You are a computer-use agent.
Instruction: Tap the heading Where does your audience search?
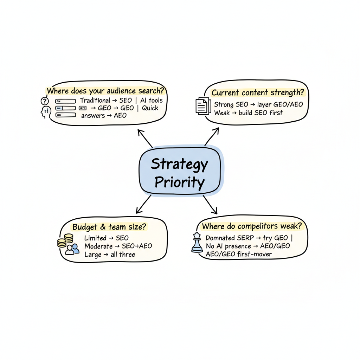tap(106, 91)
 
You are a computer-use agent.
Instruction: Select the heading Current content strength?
tap(258, 93)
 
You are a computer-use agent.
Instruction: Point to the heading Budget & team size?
tap(109, 227)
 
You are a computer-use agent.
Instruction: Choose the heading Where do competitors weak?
tap(254, 226)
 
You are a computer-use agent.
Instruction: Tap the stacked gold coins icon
tap(65, 240)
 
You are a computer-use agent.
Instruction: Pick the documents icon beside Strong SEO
tap(201, 105)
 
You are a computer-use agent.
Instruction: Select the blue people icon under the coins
tap(72, 249)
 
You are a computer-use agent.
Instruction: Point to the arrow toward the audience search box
tap(144, 138)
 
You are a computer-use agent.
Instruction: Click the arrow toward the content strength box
tap(212, 136)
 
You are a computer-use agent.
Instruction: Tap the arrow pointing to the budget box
tap(143, 205)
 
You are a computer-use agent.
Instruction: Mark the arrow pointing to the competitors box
tap(210, 205)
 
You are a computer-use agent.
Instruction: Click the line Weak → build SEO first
tap(248, 113)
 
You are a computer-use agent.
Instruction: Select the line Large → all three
tap(110, 254)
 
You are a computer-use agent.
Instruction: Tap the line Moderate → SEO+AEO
tap(118, 246)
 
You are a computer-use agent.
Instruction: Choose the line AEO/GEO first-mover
tap(239, 254)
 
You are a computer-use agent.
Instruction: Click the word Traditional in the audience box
tap(95, 101)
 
